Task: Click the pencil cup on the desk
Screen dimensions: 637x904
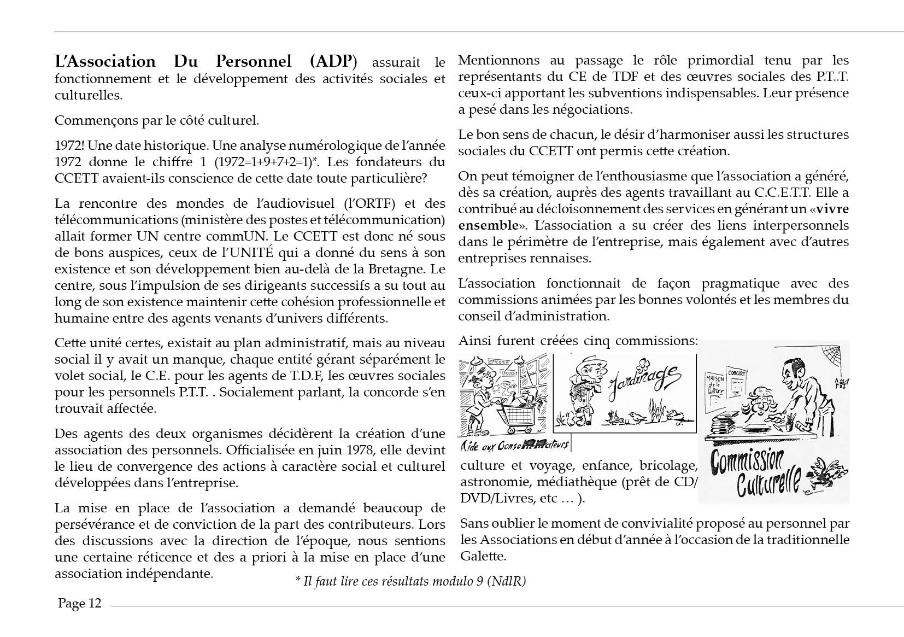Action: tap(790, 423)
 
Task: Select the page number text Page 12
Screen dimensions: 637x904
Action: tap(80, 604)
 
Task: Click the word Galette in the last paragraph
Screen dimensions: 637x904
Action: tap(483, 557)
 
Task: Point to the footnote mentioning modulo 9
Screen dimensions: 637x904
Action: tap(410, 581)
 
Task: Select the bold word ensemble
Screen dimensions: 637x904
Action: tap(488, 226)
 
